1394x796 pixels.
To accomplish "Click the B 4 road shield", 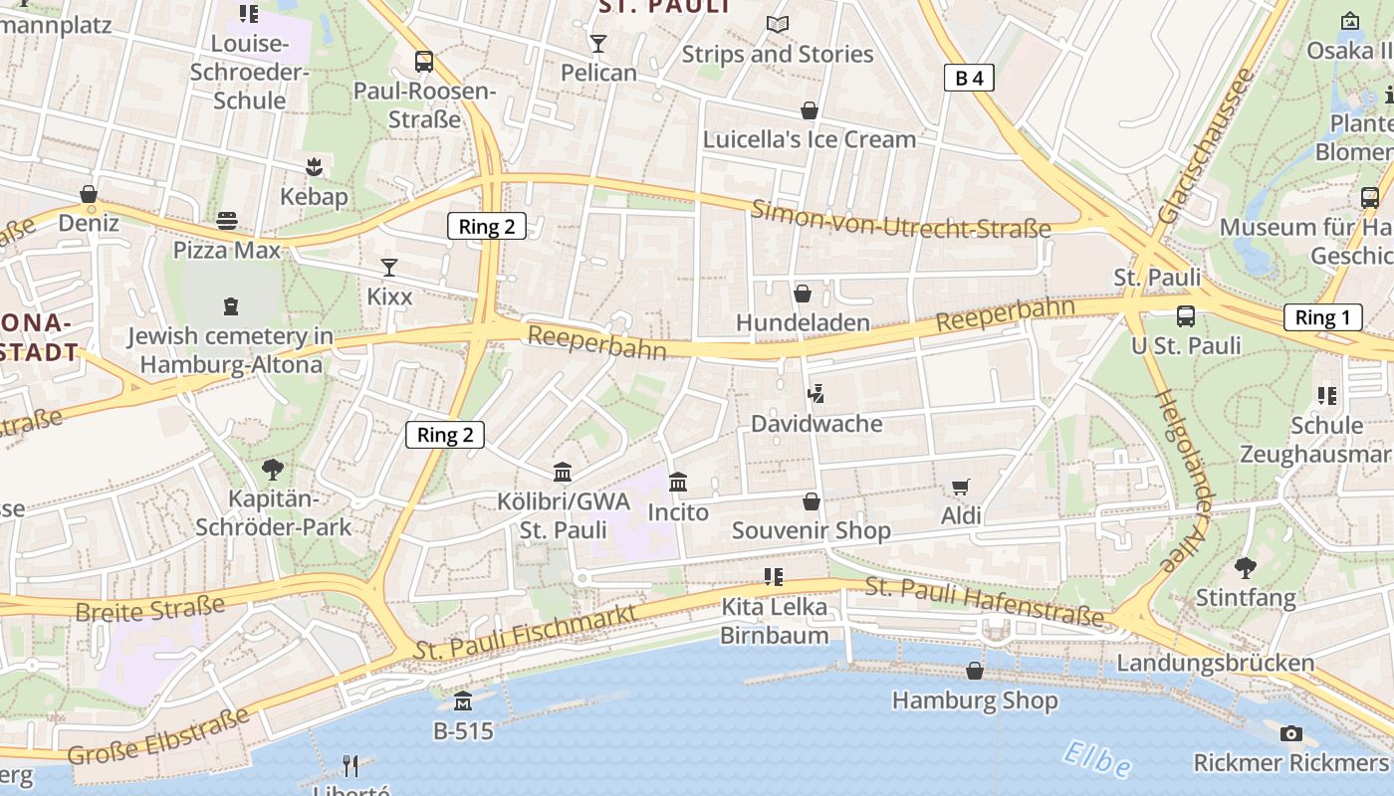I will point(969,78).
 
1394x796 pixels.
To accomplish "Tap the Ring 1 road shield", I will point(1322,317).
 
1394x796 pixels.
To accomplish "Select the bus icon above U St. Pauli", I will point(1185,316).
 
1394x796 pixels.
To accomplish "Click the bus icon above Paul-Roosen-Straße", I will point(424,62).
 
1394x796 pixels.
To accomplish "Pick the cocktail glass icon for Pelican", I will point(597,44).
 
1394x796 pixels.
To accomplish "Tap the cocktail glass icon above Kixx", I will point(388,268).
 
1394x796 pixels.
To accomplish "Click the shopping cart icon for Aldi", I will point(960,487).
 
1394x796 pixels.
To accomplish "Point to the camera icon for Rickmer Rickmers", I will point(1290,734).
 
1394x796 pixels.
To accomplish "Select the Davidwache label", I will point(816,424).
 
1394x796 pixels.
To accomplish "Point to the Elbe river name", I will point(1096,759).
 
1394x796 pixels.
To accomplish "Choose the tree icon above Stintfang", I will point(1245,568).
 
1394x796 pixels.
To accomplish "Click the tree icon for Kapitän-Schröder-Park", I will point(272,469).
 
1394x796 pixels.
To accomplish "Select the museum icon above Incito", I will point(678,483).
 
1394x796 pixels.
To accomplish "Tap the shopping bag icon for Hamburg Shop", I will point(974,671).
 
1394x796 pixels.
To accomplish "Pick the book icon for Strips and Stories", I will point(777,25).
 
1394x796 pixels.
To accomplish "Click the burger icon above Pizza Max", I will point(227,220).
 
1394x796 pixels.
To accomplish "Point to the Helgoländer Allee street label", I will point(1186,482).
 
